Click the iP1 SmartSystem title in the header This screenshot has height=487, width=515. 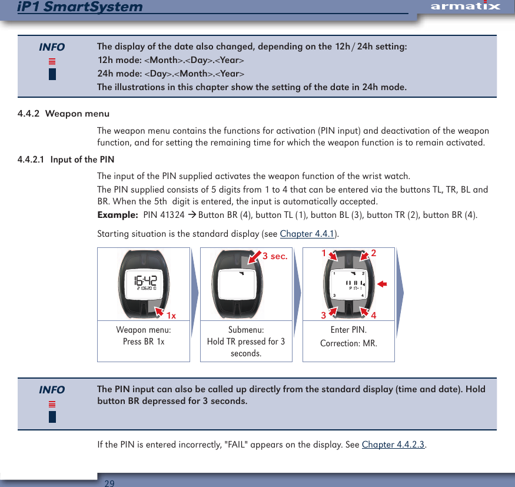tap(80, 7)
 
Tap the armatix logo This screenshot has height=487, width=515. tap(465, 6)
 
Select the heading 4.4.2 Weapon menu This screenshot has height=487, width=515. tap(64, 113)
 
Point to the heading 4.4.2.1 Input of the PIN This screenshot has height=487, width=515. tap(66, 160)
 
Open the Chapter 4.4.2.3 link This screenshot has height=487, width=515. tap(393, 444)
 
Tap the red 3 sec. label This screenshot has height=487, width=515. tap(274, 256)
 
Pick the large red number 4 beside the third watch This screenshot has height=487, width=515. tap(375, 315)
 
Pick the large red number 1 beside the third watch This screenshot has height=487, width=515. tap(323, 253)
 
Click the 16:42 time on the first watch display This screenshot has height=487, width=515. tap(144, 280)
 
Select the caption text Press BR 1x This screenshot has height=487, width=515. tap(144, 342)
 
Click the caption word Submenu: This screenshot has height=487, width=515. tap(246, 330)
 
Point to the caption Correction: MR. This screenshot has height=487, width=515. tap(348, 343)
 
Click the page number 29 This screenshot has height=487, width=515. tap(109, 483)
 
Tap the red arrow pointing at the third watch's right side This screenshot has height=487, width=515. tap(382, 284)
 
